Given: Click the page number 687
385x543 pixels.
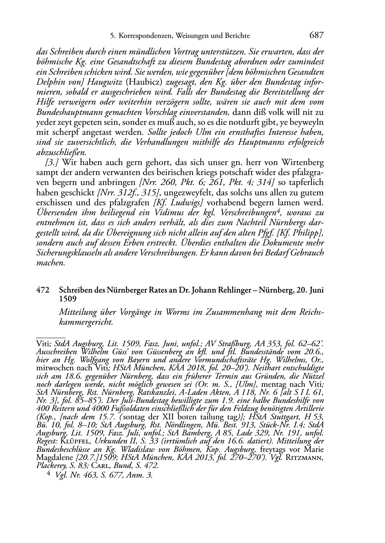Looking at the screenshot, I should pyautogui.click(x=316, y=36).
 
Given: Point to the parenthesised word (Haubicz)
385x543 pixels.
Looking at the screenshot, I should pyautogui.click(x=142, y=82).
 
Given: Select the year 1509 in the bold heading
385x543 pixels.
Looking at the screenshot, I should pyautogui.click(x=67, y=298).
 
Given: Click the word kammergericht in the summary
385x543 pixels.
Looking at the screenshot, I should pyautogui.click(x=84, y=322).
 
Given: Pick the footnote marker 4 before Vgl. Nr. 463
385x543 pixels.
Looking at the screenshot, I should pyautogui.click(x=49, y=475).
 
